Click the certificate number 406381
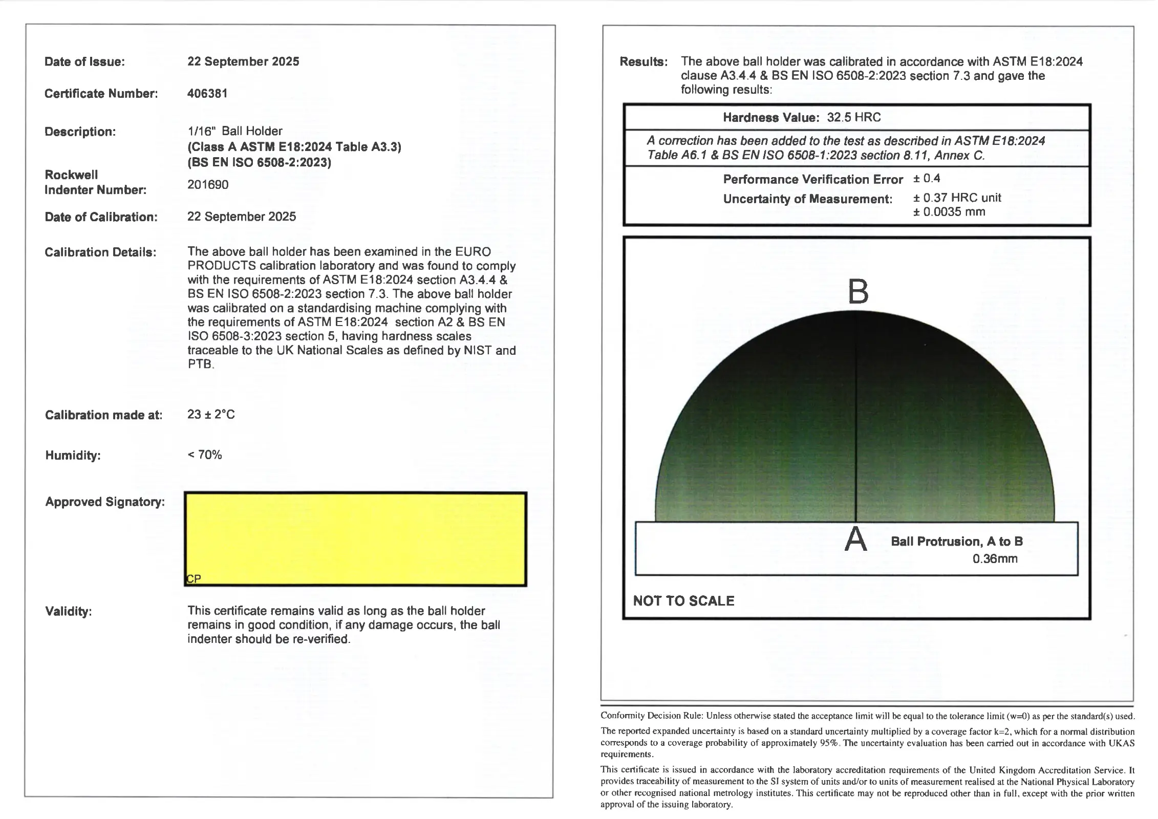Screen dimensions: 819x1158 (207, 94)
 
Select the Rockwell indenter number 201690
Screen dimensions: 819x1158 (208, 185)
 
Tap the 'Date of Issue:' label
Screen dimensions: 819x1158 (84, 62)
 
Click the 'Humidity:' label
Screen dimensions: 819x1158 (73, 456)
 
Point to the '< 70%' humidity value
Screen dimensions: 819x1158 (205, 455)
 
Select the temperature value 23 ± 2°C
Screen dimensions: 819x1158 (211, 415)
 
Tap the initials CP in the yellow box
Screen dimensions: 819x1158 (194, 579)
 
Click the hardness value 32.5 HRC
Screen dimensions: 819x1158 (853, 118)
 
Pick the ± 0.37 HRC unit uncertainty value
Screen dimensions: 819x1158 (957, 198)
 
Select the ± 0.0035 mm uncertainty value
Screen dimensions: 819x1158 (949, 212)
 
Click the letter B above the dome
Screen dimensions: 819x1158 (858, 292)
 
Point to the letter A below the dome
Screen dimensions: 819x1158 (855, 540)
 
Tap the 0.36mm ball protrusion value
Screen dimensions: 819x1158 (995, 559)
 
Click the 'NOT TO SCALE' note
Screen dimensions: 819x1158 (683, 601)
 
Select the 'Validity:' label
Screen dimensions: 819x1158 (69, 612)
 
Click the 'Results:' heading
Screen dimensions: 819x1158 (644, 62)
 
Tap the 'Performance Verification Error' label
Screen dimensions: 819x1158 (812, 180)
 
